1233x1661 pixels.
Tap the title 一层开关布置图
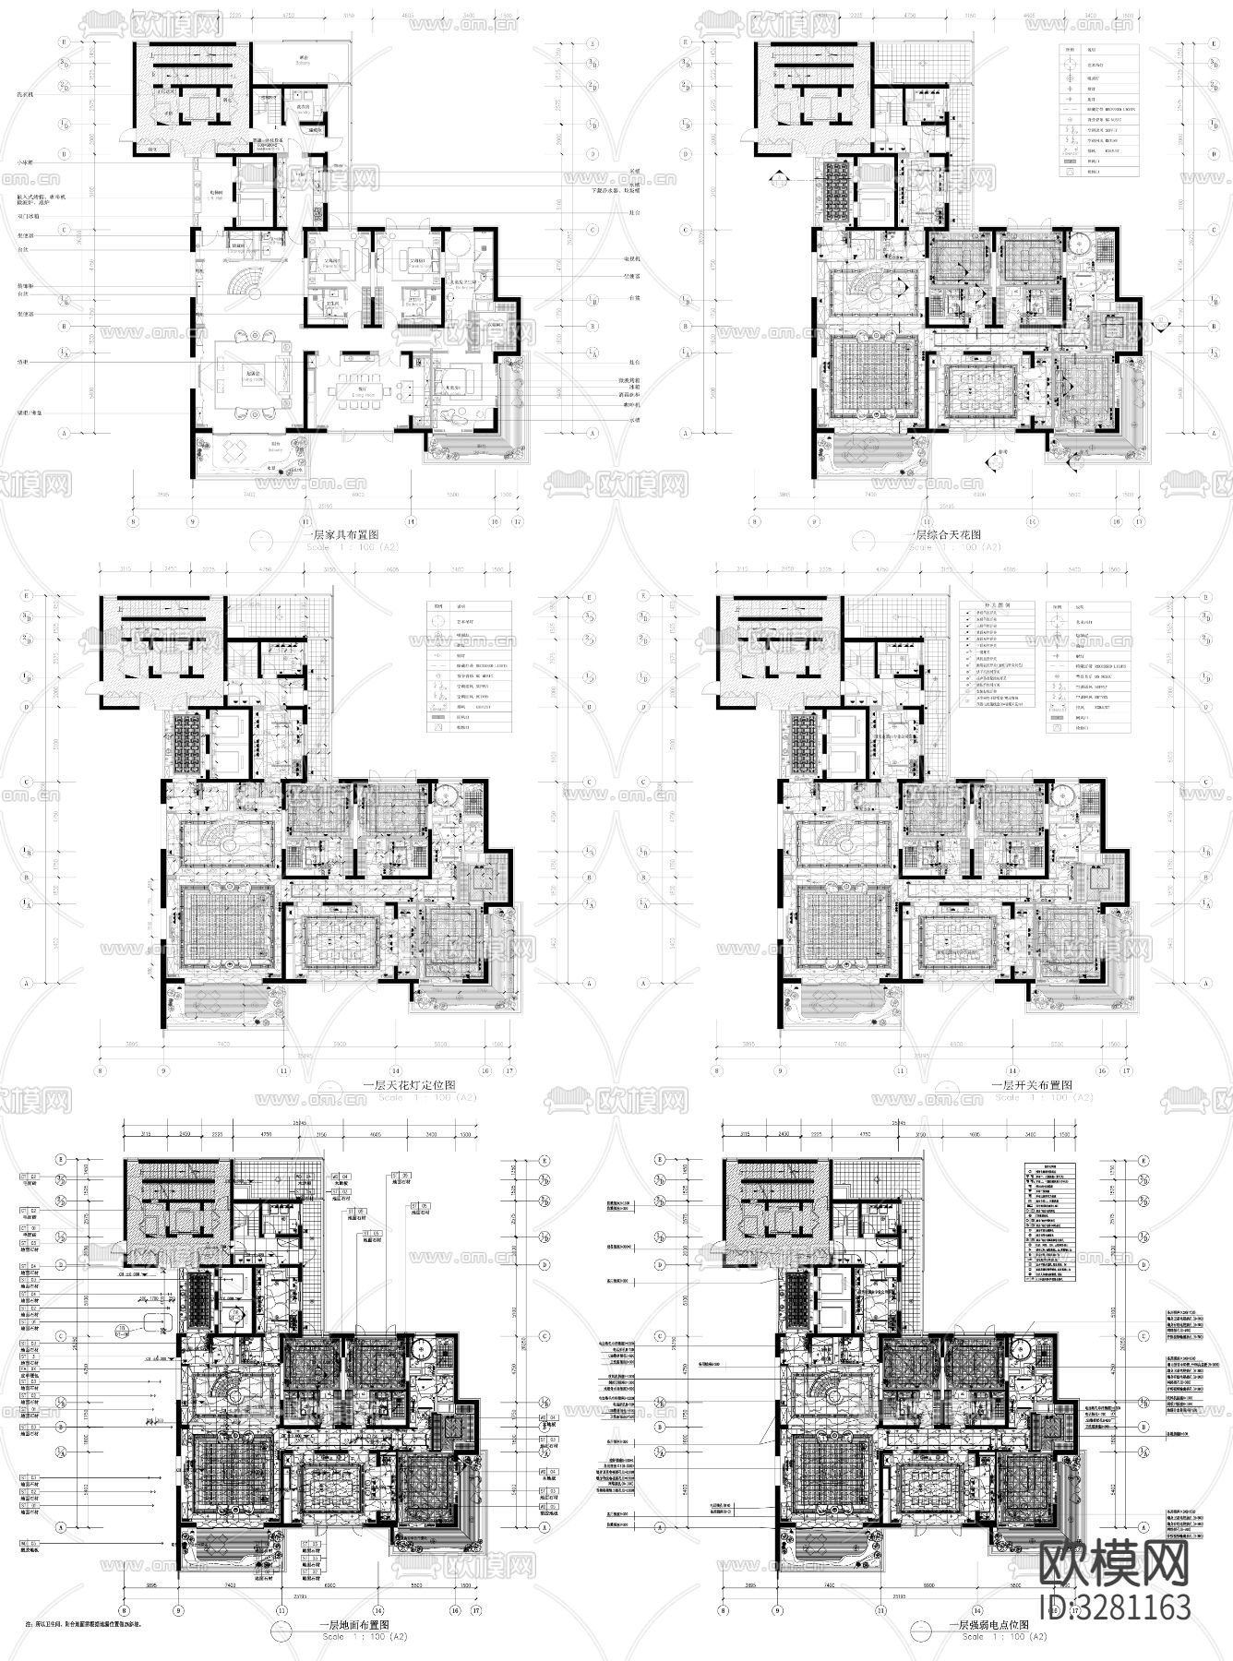(x=1031, y=1086)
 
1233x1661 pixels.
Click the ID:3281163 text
(x=1115, y=1607)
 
